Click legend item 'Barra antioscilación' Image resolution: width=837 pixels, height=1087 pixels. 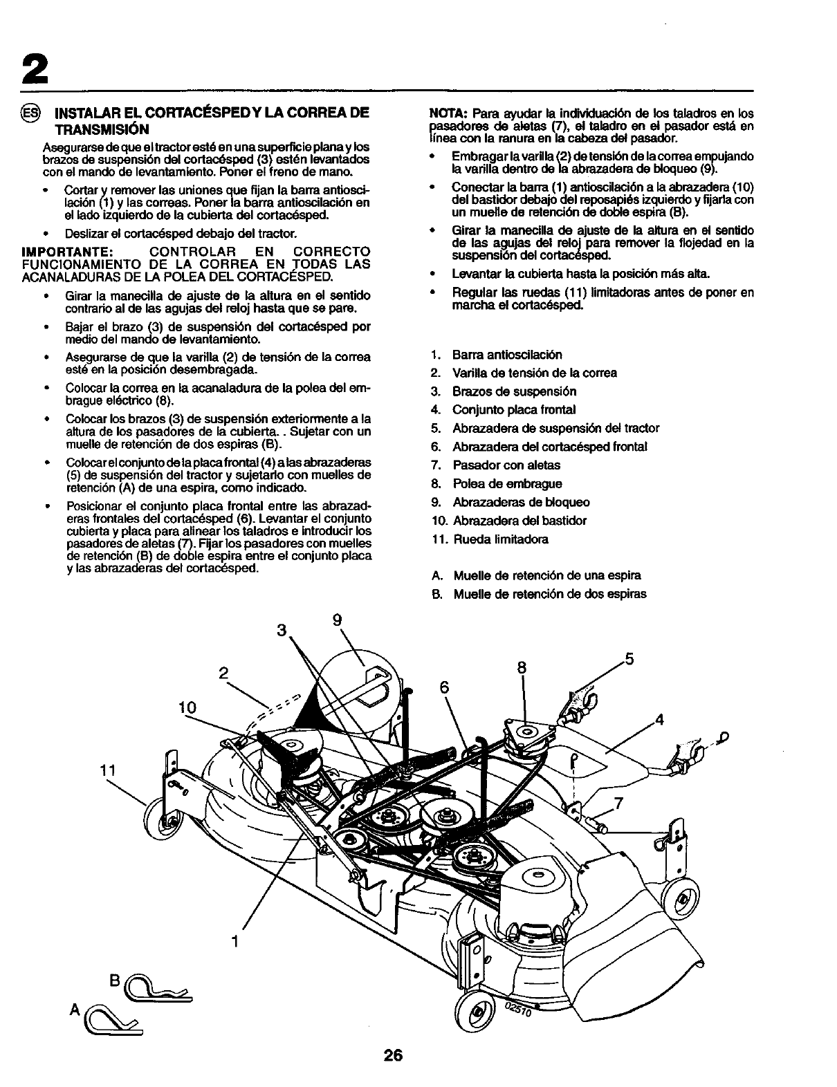tap(507, 355)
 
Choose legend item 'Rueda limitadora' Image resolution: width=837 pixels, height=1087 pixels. tap(500, 539)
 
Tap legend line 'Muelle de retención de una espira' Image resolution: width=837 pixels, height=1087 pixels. tap(546, 575)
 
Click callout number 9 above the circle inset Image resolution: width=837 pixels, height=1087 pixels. tap(338, 620)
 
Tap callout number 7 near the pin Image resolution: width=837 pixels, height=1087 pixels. tap(618, 803)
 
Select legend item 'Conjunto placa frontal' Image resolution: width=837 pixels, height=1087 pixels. tap(514, 410)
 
